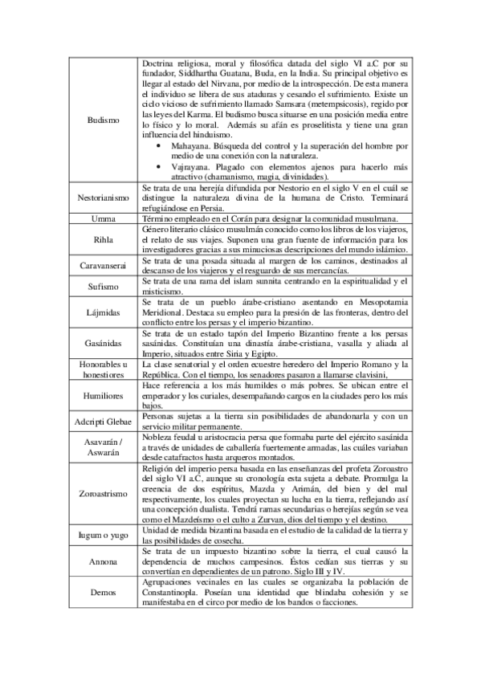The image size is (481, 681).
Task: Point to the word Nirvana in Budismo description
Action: coord(260,83)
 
